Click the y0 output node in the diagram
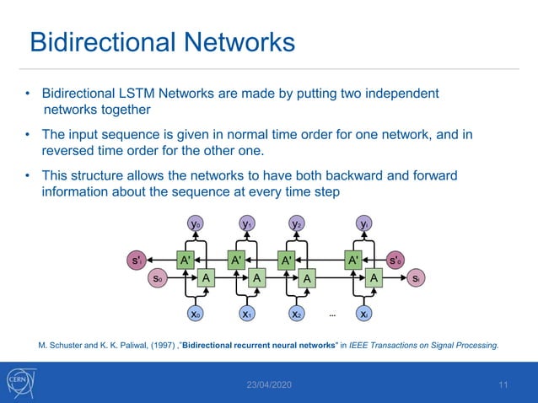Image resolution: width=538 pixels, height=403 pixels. [x=195, y=224]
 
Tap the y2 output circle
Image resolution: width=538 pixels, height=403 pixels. [x=297, y=224]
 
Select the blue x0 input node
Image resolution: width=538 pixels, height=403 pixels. [x=195, y=314]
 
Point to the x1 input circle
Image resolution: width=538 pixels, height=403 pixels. [x=246, y=314]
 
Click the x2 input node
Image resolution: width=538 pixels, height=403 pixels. [x=297, y=314]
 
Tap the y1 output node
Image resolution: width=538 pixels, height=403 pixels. [x=246, y=224]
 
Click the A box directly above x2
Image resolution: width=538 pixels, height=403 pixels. [x=308, y=277]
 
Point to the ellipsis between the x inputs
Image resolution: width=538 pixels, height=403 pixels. [x=333, y=314]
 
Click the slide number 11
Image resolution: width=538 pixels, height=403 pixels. [x=503, y=384]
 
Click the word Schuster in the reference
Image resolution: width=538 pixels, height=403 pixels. [x=70, y=344]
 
